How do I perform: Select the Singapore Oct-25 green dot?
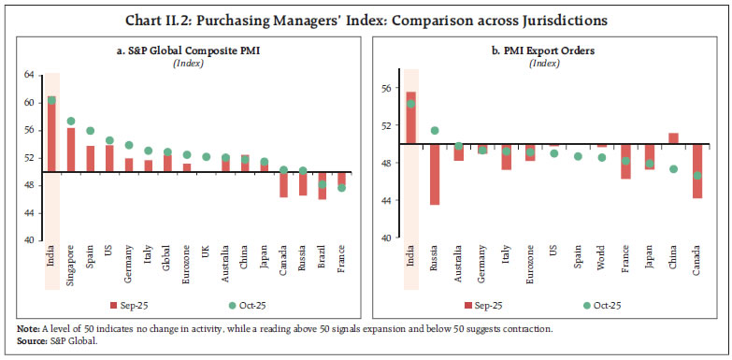71,122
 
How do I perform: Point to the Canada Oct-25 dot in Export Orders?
696,175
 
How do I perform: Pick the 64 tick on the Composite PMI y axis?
28,74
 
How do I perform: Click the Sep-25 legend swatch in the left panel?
113,305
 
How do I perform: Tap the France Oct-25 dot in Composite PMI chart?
342,188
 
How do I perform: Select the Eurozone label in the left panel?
186,261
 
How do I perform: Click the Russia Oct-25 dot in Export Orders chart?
435,131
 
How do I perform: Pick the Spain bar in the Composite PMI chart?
91,159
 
